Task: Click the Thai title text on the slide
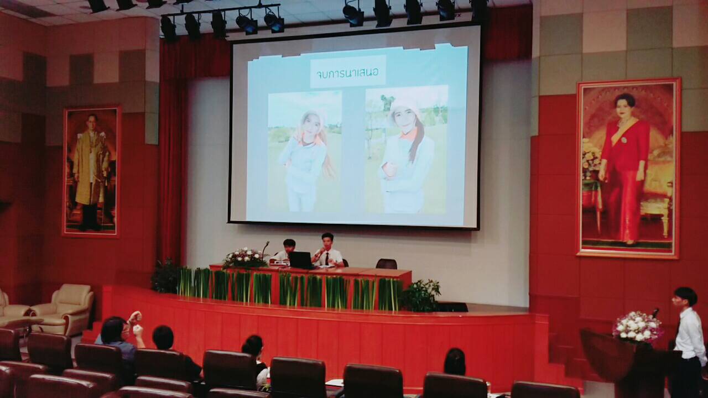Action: click(347, 74)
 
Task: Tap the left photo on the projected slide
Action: click(305, 151)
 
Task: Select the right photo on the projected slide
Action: click(407, 150)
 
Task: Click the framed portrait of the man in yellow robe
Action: click(91, 171)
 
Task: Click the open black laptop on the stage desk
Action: click(301, 260)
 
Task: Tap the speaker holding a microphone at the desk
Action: click(328, 251)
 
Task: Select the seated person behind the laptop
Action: click(285, 251)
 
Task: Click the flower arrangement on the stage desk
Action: click(244, 258)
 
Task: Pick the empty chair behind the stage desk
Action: click(386, 264)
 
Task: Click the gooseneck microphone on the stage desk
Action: click(265, 250)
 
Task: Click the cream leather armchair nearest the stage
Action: click(64, 309)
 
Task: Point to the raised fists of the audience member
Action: click(136, 323)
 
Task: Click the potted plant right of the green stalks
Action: click(421, 296)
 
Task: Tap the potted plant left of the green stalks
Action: click(165, 276)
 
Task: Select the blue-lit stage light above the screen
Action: click(274, 23)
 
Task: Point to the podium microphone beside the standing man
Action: click(654, 313)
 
